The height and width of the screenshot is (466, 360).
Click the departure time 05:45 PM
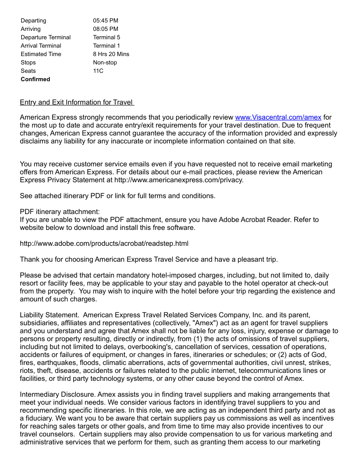point(105,20)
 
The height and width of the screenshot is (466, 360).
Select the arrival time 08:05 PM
point(105,29)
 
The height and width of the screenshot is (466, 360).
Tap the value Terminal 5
point(106,37)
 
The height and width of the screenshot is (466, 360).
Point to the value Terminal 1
point(106,45)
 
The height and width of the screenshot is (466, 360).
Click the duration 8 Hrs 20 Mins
point(111,54)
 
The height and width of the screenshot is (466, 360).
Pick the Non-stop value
point(105,62)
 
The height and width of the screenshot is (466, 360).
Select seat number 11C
point(98,71)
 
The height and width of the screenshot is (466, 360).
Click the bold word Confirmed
point(35,79)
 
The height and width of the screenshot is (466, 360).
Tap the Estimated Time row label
point(41,54)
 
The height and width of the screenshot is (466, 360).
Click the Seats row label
point(28,71)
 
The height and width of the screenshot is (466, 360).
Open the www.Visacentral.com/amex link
point(278,117)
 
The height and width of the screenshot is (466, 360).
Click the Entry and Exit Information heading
point(77,102)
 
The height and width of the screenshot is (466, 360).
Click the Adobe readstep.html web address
point(104,243)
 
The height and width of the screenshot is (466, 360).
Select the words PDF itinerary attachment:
point(60,211)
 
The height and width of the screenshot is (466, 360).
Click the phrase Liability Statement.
point(49,315)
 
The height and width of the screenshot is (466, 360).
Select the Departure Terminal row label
point(45,37)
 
